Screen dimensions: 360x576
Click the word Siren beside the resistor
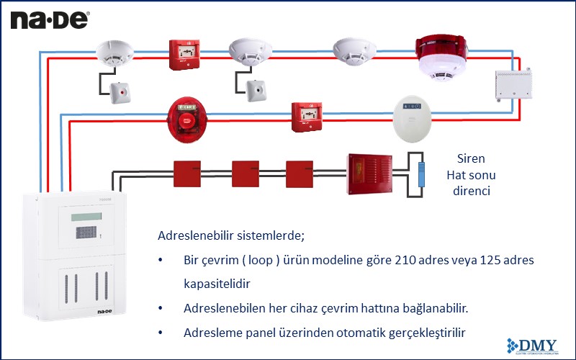(x=471, y=158)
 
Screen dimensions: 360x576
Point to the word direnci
(x=471, y=192)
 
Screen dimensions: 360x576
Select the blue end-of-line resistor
(x=423, y=175)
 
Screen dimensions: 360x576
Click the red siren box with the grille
(x=369, y=173)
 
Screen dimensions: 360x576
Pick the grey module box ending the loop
(x=514, y=85)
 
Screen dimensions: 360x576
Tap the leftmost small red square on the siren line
(x=186, y=174)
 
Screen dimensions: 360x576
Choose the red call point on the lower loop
(x=305, y=116)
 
